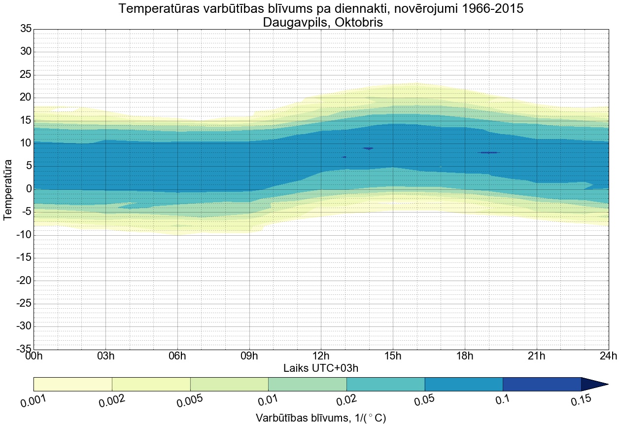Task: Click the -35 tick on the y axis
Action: click(x=24, y=349)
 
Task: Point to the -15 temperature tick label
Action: click(x=24, y=258)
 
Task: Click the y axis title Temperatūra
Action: click(x=8, y=189)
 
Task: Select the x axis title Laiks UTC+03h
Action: click(x=321, y=368)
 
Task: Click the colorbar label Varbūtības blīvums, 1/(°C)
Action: click(x=321, y=418)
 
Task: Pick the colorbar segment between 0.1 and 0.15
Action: click(x=542, y=384)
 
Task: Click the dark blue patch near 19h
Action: click(x=489, y=153)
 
